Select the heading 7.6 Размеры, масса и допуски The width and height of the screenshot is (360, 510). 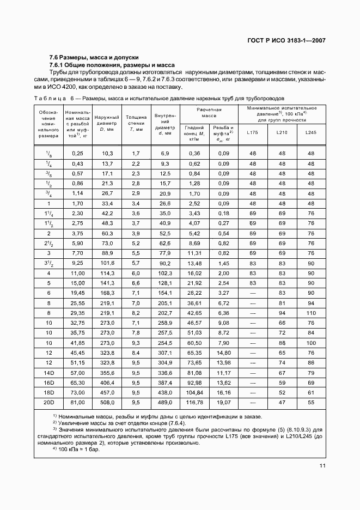94,57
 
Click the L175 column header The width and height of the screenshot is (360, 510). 252,132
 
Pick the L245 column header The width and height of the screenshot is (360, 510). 310,132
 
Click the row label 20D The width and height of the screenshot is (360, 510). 48,403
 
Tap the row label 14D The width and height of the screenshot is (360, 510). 48,372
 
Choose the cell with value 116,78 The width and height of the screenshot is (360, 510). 194,403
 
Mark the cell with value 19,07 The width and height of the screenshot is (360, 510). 223,403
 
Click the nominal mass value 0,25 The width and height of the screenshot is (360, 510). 77,154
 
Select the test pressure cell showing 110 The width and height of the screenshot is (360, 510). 310,313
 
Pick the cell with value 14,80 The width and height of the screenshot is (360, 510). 223,353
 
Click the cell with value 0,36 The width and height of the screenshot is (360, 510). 194,154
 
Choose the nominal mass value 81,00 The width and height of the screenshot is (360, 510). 77,403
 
